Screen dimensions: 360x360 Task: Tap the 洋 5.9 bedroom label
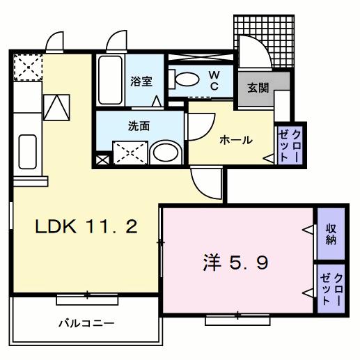(235, 263)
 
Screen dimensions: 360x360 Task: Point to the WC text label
(214, 80)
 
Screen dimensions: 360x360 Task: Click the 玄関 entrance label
(253, 88)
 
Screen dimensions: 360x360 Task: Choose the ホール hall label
(235, 140)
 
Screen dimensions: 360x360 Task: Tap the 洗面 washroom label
(138, 127)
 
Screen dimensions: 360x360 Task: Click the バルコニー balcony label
(86, 323)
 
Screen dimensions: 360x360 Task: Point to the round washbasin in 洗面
(165, 153)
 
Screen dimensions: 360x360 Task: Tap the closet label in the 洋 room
(331, 287)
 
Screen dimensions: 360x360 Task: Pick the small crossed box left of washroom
(102, 159)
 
